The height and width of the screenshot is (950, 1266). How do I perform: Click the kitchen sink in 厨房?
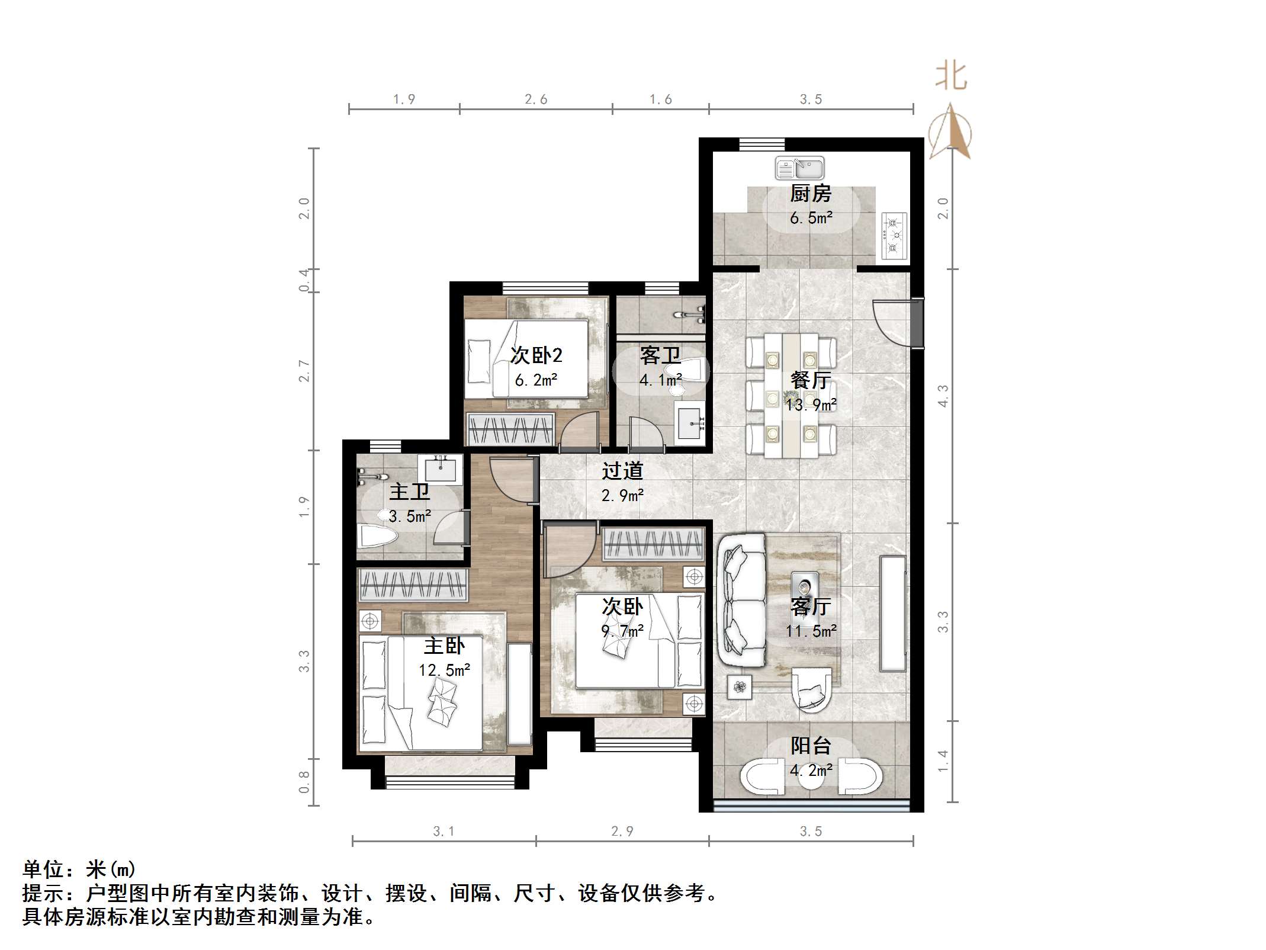pyautogui.click(x=799, y=168)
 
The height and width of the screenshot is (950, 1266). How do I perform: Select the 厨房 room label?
pyautogui.click(x=810, y=194)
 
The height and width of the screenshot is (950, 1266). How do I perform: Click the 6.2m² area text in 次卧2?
pyautogui.click(x=536, y=380)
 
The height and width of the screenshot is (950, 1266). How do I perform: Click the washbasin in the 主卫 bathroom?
pyautogui.click(x=440, y=469)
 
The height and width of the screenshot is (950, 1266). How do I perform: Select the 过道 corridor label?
pyautogui.click(x=622, y=471)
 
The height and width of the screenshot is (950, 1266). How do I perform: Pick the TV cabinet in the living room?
pyautogui.click(x=892, y=613)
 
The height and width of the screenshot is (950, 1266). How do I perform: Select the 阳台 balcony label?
pyautogui.click(x=811, y=746)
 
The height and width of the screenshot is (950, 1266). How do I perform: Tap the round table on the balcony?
pyautogui.click(x=811, y=778)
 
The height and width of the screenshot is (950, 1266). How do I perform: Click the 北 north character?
pyautogui.click(x=952, y=77)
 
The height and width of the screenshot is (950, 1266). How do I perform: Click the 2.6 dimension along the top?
pyautogui.click(x=536, y=100)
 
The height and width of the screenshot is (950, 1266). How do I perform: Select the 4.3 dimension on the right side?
pyautogui.click(x=943, y=396)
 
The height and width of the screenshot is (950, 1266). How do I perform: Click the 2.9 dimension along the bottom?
pyautogui.click(x=622, y=832)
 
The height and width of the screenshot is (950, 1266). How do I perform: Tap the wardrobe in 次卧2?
pyautogui.click(x=510, y=429)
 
